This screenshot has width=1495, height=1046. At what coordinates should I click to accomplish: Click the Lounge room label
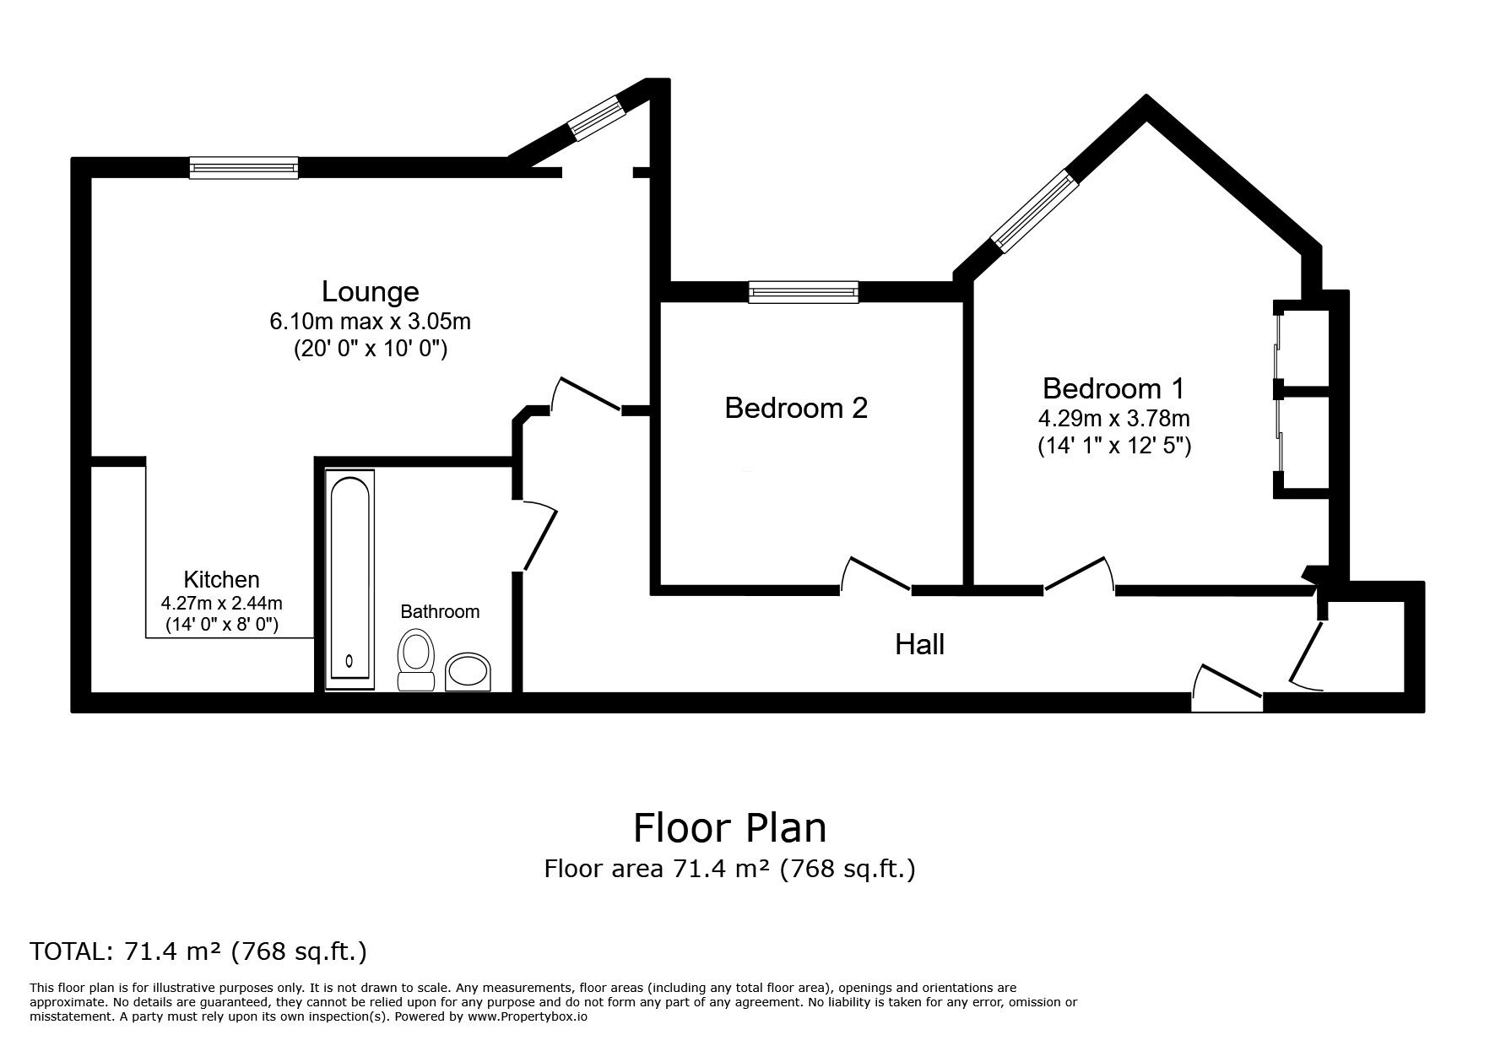(x=370, y=292)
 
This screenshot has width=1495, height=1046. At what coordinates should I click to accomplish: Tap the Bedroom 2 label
(x=795, y=409)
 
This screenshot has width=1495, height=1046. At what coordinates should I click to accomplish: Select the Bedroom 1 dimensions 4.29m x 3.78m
(x=1113, y=419)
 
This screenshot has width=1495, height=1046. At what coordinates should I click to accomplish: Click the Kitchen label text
(x=221, y=580)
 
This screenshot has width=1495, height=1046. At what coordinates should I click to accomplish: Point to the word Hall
(x=918, y=645)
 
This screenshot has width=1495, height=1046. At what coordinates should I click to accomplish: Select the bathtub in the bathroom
(x=349, y=578)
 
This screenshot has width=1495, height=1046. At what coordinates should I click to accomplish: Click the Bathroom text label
(x=439, y=611)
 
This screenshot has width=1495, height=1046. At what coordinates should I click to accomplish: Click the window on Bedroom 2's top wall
(x=803, y=292)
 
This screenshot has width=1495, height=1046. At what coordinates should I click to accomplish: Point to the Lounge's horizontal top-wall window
(x=243, y=167)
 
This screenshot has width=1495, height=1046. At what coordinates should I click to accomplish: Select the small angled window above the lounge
(x=594, y=117)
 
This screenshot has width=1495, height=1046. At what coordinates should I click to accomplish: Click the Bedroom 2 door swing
(x=875, y=574)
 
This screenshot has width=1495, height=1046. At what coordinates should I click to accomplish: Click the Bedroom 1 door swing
(x=1080, y=574)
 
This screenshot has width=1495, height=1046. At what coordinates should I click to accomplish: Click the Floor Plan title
(x=729, y=828)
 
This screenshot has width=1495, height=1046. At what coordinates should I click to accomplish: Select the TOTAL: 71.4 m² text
(x=198, y=951)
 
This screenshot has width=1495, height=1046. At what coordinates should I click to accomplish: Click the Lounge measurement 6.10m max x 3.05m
(x=370, y=322)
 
